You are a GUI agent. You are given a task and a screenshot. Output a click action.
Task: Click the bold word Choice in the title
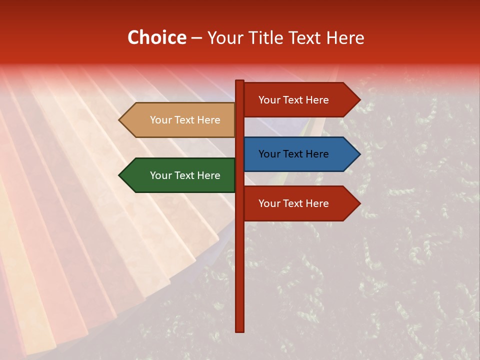156,38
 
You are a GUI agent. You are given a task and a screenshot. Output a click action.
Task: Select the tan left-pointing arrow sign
180,120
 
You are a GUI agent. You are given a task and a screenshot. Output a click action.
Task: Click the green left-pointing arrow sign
180,175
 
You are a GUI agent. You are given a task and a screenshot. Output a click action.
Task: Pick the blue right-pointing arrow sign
298,154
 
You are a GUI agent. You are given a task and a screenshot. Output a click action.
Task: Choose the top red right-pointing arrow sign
298,100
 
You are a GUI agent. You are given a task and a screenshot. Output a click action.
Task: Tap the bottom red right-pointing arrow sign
298,203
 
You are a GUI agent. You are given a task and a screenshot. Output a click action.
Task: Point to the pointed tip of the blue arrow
359,154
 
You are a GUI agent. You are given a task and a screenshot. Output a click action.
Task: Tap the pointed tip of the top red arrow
359,100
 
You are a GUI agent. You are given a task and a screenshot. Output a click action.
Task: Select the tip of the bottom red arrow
359,203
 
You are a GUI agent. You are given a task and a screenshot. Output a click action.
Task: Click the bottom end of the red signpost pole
240,330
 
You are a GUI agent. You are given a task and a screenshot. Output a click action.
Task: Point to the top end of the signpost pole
240,81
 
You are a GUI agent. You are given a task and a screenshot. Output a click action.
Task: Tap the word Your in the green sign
160,175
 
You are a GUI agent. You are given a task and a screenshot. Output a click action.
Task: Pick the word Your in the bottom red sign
269,203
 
